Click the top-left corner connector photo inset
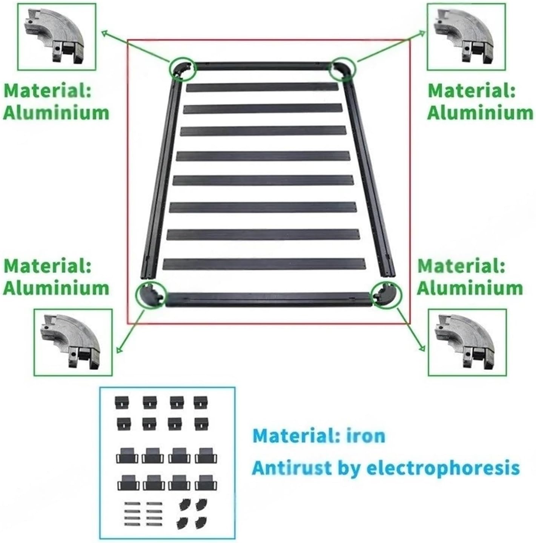(x=57, y=37)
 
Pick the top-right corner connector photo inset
(x=466, y=37)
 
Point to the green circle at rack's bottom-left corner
(x=151, y=295)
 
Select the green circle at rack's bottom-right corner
(x=387, y=294)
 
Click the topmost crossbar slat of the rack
(x=263, y=88)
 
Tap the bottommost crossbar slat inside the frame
(x=264, y=263)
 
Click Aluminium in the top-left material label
(x=56, y=112)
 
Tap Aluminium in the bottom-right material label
(x=470, y=288)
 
